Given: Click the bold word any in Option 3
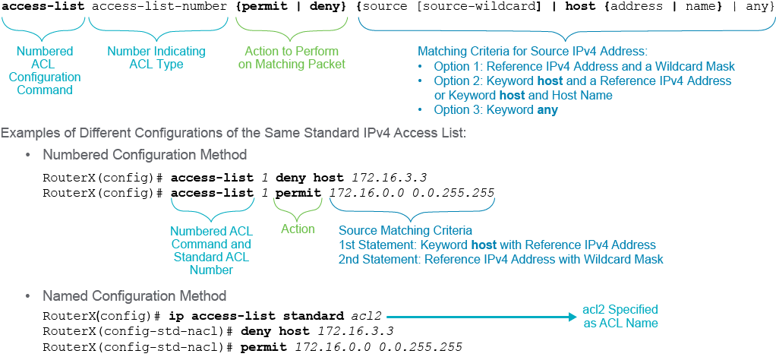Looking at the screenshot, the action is (x=547, y=109).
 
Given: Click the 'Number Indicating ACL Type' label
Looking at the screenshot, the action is (x=156, y=58).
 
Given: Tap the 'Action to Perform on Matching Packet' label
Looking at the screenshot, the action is (x=292, y=58).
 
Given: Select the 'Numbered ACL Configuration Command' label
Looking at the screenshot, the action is (x=45, y=71).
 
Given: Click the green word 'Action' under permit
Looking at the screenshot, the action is (x=298, y=229).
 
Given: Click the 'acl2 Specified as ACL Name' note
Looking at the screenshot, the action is (x=620, y=317).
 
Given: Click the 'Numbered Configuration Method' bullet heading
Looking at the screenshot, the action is (x=145, y=154).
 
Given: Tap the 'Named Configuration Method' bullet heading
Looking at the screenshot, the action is (x=134, y=296).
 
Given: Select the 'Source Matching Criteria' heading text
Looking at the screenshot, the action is (x=405, y=230).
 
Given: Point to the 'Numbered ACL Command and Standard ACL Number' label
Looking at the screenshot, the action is (x=211, y=251).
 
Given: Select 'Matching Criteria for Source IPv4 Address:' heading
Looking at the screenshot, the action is (x=533, y=52).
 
